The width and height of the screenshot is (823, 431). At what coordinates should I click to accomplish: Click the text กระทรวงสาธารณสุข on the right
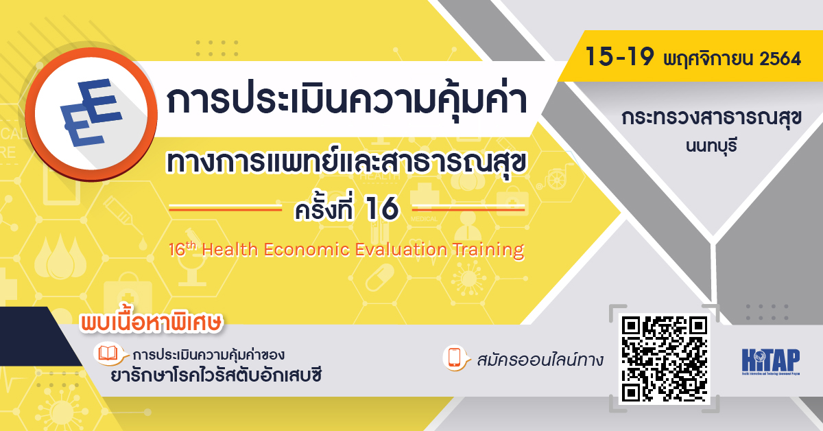point(711,119)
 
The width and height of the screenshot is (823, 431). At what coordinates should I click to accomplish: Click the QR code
point(664,359)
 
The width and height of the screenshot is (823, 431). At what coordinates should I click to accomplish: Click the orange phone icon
point(454,358)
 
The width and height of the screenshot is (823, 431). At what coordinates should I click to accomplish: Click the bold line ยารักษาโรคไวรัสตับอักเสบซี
point(217,377)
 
